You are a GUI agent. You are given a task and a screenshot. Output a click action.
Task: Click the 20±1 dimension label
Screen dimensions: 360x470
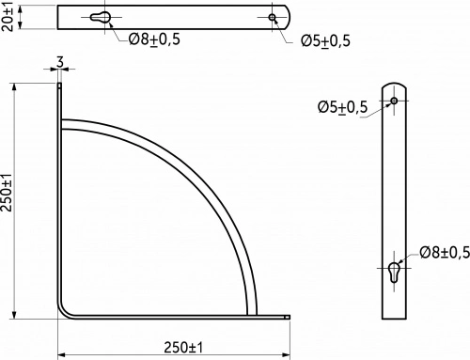[x=8, y=17]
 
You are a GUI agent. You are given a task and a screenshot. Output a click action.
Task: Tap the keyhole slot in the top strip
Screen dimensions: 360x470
[x=102, y=18]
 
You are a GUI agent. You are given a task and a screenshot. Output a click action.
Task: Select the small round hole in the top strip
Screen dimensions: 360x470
[x=273, y=17]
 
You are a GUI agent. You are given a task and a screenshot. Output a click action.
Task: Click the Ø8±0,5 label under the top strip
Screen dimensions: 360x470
[x=152, y=39]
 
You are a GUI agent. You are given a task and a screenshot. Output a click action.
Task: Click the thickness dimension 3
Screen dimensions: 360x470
[x=60, y=63]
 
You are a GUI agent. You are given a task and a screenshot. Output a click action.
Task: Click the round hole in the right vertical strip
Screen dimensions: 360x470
[x=394, y=100]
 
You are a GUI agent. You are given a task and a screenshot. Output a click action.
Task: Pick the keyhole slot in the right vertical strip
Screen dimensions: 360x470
[x=394, y=272]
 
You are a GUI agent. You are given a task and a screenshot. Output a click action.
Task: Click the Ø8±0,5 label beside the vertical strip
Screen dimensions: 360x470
[x=443, y=252]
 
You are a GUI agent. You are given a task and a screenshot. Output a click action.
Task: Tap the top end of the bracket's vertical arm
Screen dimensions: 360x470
[x=60, y=85]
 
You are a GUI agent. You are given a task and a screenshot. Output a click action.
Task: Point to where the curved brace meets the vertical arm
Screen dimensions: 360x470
[x=64, y=123]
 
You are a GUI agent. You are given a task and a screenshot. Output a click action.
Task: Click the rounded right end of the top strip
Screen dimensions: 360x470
[x=287, y=17]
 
